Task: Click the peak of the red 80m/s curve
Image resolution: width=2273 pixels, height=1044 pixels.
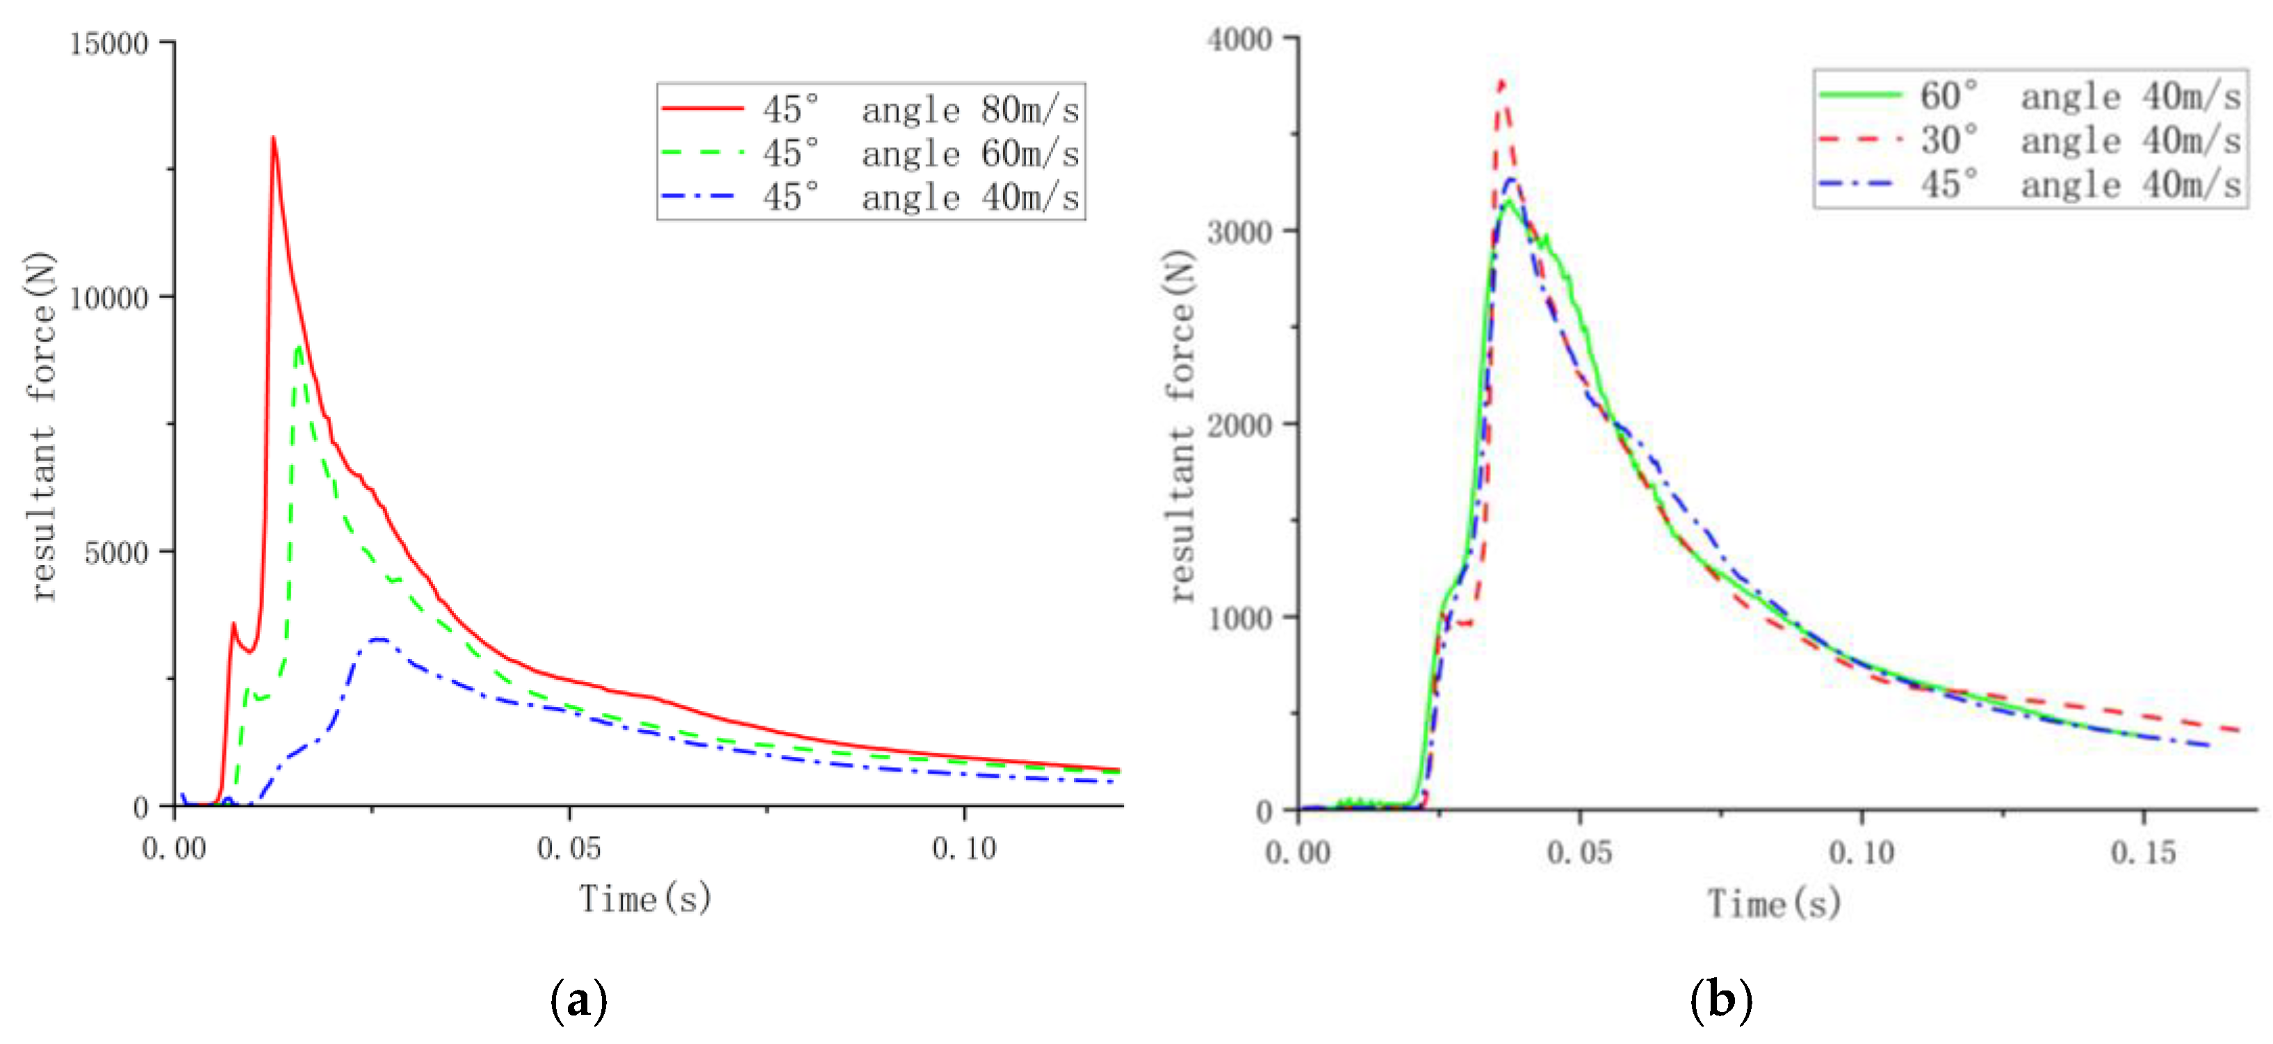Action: [x=274, y=138]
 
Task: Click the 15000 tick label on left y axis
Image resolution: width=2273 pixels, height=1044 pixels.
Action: [x=108, y=43]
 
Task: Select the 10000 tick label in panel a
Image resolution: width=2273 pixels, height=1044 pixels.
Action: [x=108, y=298]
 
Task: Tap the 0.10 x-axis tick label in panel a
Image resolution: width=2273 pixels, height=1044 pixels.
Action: [x=963, y=848]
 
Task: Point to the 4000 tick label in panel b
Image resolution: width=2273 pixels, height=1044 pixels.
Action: [x=1240, y=40]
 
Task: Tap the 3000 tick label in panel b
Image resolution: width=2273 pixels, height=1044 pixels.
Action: [x=1240, y=232]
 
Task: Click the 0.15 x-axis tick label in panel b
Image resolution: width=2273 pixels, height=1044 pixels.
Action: [x=2142, y=852]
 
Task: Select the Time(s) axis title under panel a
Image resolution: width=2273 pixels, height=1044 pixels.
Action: [x=645, y=899]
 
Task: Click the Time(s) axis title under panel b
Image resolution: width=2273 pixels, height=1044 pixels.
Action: [x=1774, y=903]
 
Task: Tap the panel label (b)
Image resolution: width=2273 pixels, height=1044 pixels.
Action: [x=1720, y=1001]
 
